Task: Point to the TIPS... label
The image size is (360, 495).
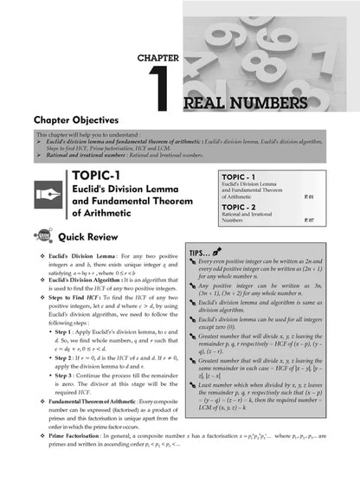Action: (202, 253)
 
